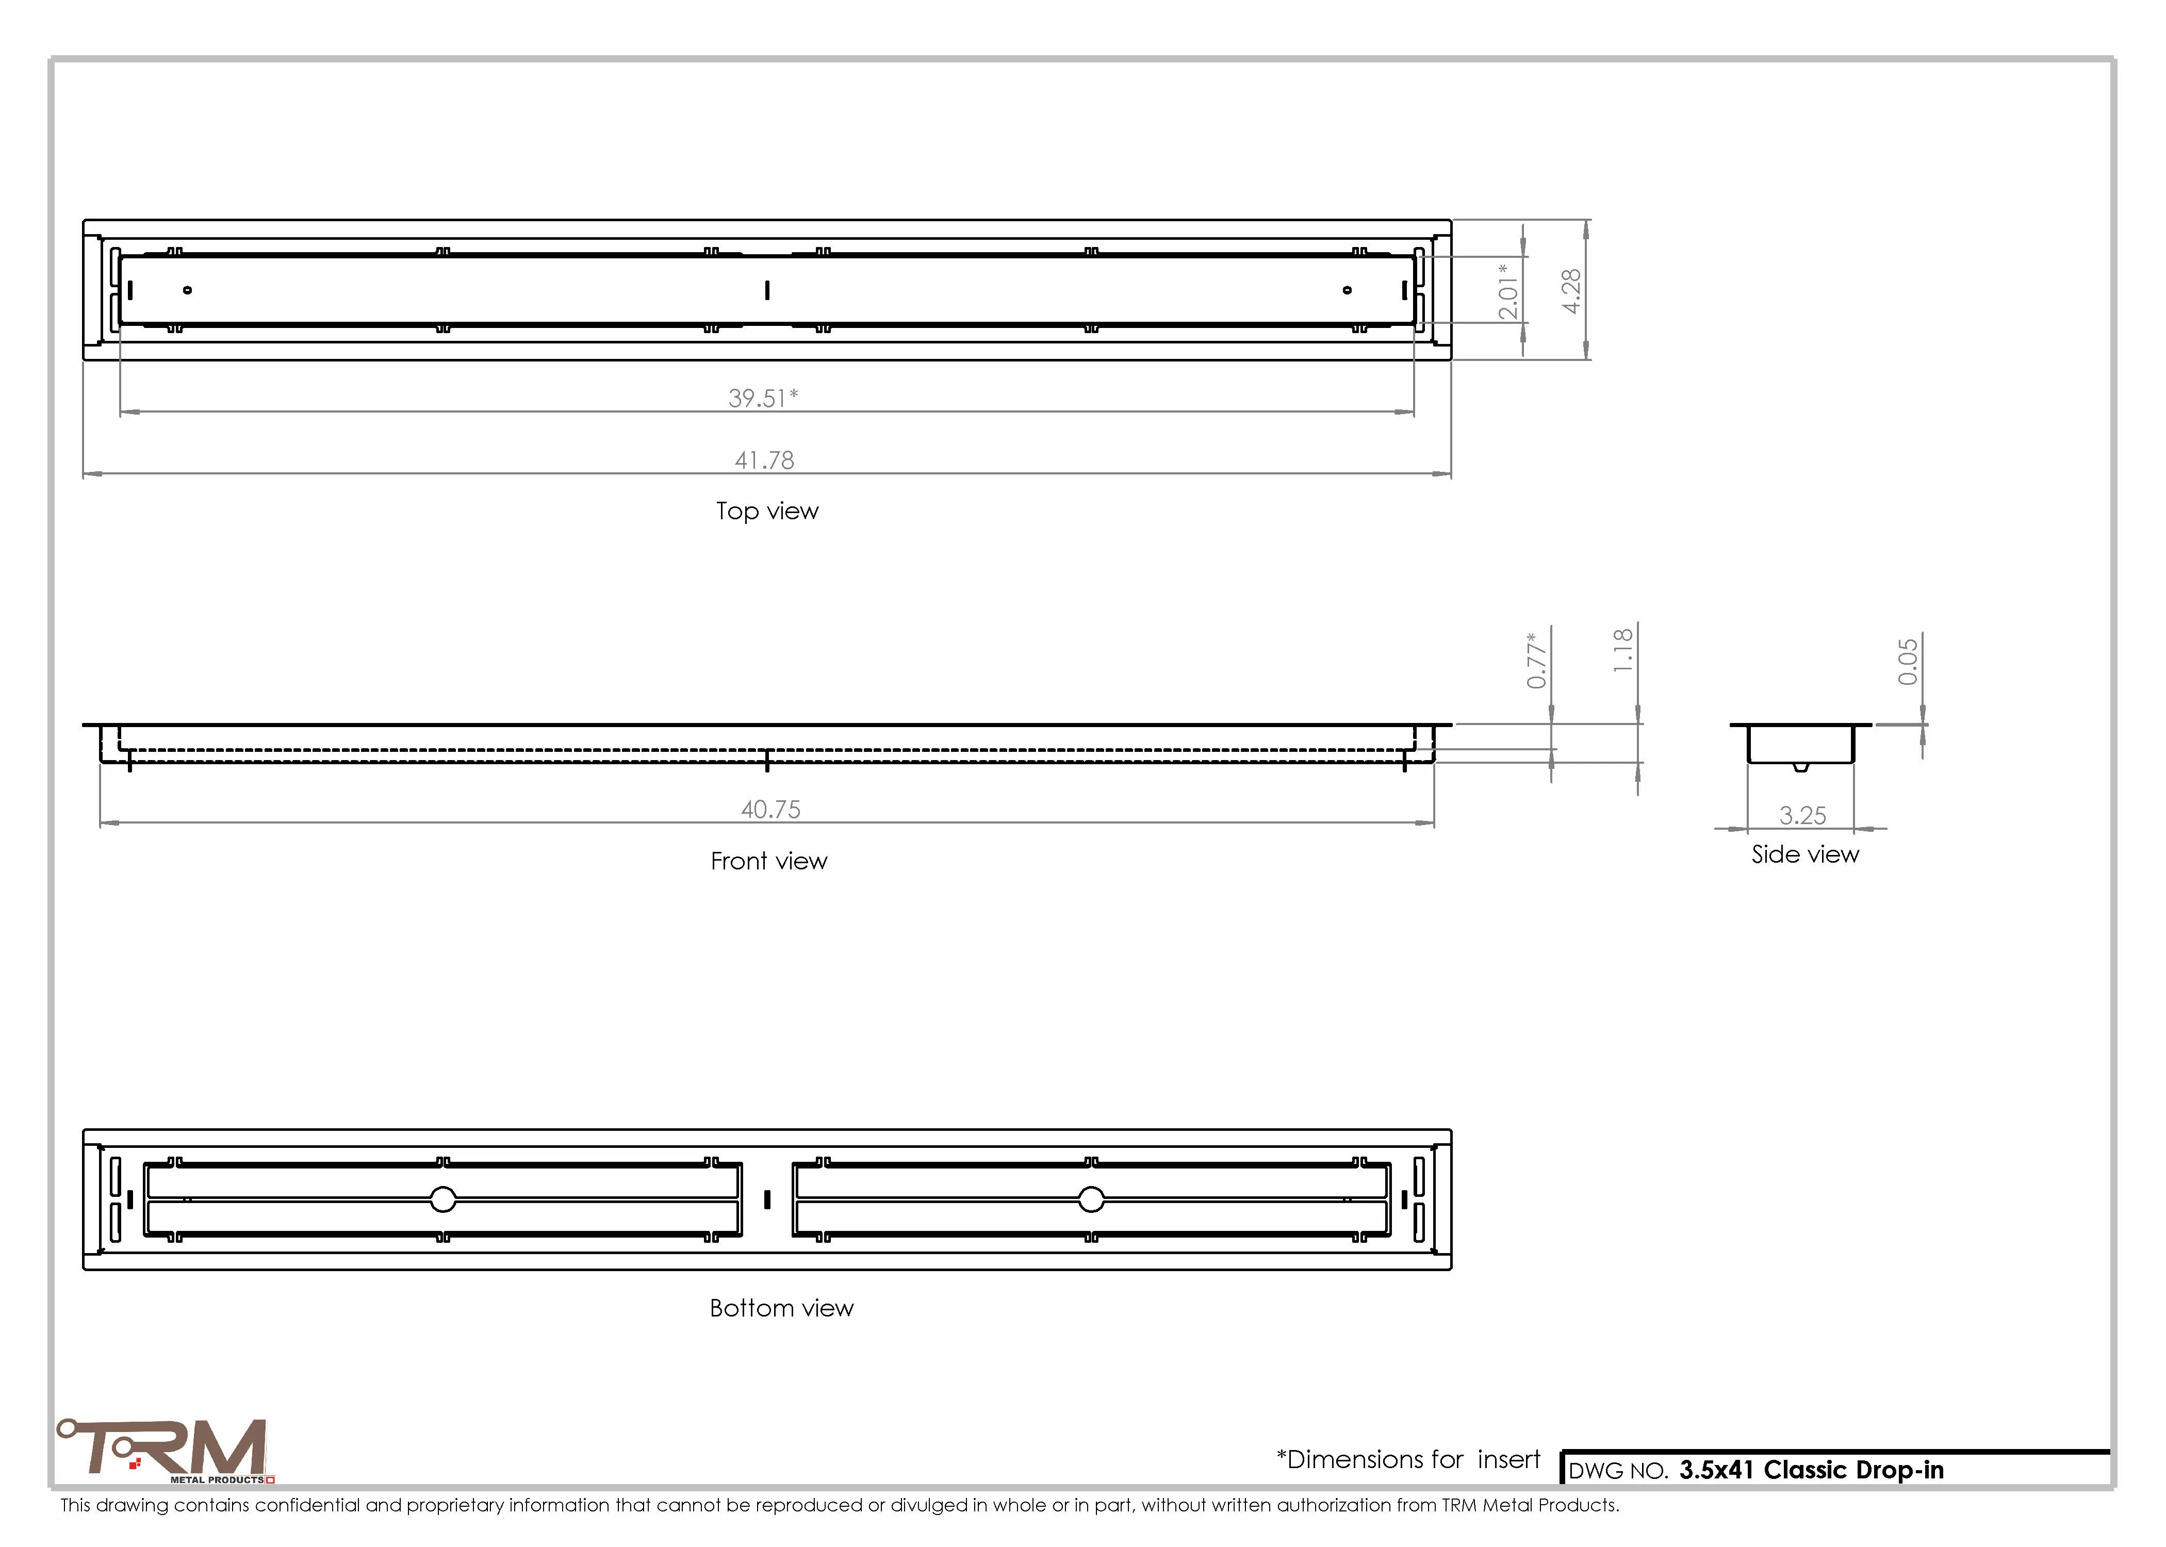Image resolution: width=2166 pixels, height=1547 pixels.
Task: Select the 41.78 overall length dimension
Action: tap(764, 460)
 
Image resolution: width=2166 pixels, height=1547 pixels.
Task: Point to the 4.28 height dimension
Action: tap(1571, 290)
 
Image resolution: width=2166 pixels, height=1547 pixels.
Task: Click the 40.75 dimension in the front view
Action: tap(770, 810)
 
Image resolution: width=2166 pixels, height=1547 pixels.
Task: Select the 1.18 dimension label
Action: tap(1623, 651)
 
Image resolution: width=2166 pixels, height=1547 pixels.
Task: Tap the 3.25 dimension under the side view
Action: tap(1803, 815)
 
